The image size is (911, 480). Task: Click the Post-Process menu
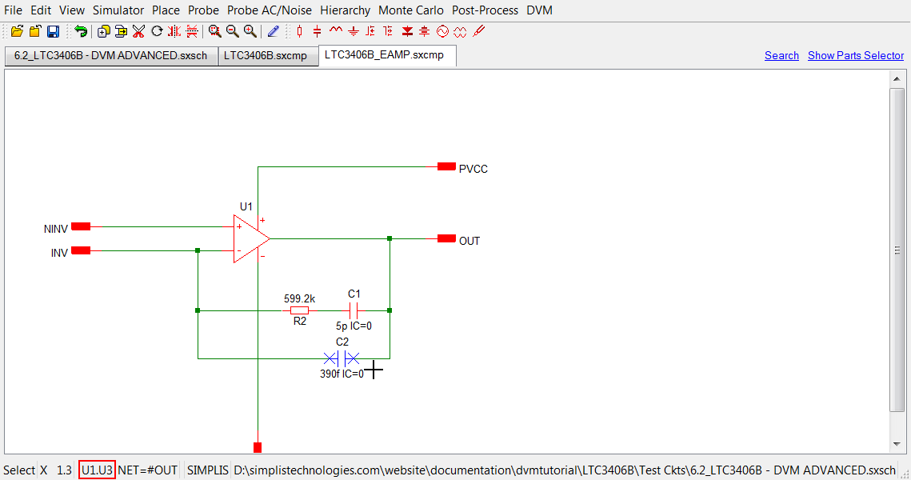point(485,10)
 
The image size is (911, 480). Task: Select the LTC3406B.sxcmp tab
point(265,56)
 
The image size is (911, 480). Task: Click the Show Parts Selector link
point(856,55)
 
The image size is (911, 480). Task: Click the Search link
point(781,55)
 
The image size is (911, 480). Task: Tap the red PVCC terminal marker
point(446,166)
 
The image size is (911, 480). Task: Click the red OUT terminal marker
point(446,238)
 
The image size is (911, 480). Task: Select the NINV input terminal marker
point(81,226)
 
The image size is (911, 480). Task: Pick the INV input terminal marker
point(81,250)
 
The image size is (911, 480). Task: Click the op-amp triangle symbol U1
point(250,238)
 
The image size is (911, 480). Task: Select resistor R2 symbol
point(299,310)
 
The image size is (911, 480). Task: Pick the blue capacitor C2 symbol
point(342,358)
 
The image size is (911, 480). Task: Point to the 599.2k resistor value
point(299,298)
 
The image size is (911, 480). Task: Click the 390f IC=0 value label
point(342,374)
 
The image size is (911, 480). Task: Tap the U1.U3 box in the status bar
point(97,470)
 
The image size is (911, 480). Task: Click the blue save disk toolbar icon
point(53,31)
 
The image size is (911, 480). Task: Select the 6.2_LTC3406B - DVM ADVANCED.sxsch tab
point(110,56)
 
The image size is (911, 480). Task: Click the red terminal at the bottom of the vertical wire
point(258,447)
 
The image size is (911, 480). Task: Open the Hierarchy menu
point(345,10)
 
